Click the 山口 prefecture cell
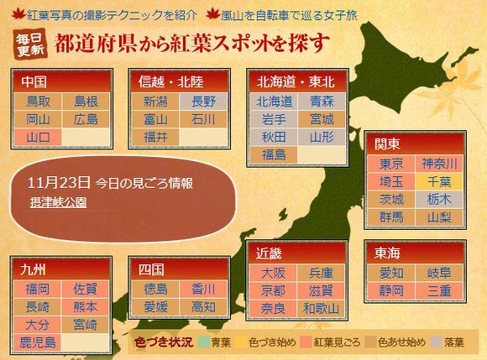pos(38,137)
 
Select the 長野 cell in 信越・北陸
pos(203,102)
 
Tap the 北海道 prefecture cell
pos(274,102)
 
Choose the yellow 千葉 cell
pos(439,181)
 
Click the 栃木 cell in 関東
pos(439,199)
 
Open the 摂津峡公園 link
pos(59,202)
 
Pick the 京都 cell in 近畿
pos(273,291)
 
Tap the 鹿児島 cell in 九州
pos(38,342)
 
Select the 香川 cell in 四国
pos(203,289)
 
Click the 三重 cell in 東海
pos(439,291)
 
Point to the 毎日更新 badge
pos(30,44)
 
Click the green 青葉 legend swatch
pos(203,342)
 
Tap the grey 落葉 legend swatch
pos(437,342)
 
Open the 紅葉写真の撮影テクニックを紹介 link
pos(112,15)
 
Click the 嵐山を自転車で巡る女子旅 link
pos(289,15)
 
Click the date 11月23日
pos(59,182)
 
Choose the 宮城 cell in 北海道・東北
pos(322,119)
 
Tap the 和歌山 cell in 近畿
pos(321,309)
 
